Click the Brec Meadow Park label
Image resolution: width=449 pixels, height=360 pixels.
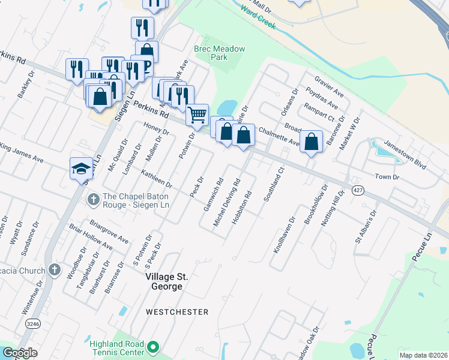tap(211, 53)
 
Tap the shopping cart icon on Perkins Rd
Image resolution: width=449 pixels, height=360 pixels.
tap(197, 114)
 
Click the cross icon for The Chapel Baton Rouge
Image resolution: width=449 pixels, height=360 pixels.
tap(93, 199)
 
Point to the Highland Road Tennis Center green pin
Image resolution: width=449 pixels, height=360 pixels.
tap(154, 347)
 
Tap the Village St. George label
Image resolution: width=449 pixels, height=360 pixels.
tap(167, 281)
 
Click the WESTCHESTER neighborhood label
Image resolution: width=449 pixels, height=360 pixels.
tap(178, 312)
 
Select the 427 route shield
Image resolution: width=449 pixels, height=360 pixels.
tap(358, 190)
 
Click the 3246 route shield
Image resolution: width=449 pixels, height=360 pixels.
tap(33, 323)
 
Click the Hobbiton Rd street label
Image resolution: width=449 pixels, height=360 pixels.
tap(246, 205)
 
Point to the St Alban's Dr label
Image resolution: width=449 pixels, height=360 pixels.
tap(366, 225)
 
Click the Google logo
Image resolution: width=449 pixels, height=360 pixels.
tap(19, 353)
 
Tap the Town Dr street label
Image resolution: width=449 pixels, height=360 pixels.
tap(387, 177)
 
